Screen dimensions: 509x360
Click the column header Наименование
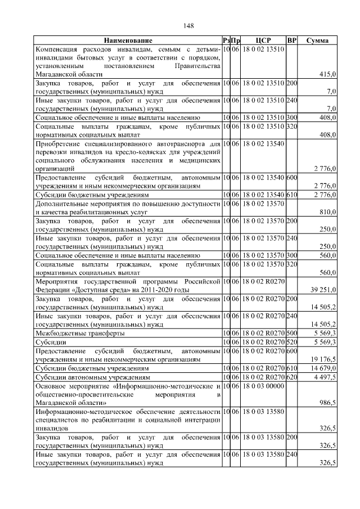click(x=128, y=40)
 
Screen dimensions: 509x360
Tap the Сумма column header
click(x=317, y=40)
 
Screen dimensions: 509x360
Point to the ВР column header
click(x=291, y=40)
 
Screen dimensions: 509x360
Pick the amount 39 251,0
click(x=323, y=290)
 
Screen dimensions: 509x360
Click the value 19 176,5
click(x=323, y=358)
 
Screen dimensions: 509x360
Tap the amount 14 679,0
click(x=323, y=368)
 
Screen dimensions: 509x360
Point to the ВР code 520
click(x=291, y=341)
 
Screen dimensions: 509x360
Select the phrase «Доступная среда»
click(x=100, y=290)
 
